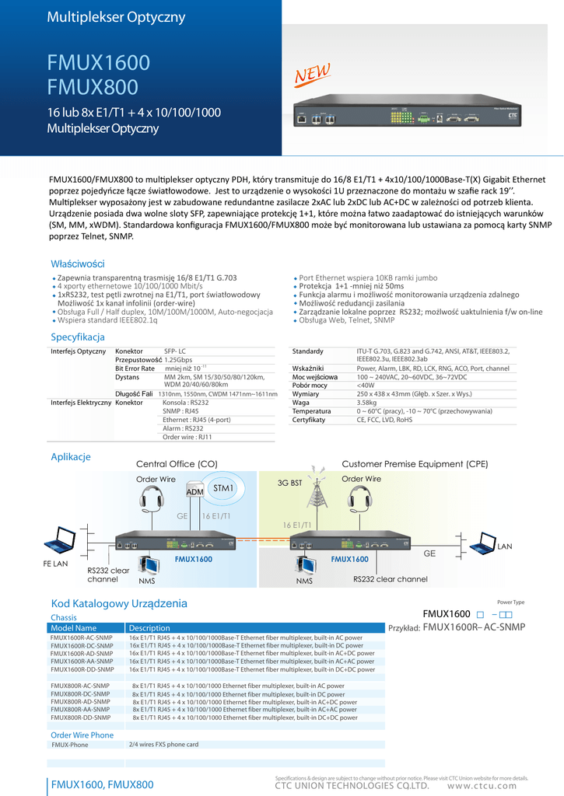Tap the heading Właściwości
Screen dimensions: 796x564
click(77, 264)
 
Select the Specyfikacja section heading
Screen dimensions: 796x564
click(78, 337)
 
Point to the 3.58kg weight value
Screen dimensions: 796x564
click(368, 403)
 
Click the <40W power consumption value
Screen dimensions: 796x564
click(365, 385)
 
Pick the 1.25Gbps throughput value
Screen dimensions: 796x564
click(178, 360)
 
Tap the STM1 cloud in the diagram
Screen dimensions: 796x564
click(224, 488)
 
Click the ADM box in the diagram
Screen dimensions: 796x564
click(195, 492)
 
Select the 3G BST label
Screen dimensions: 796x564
click(289, 483)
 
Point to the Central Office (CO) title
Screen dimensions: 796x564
click(177, 464)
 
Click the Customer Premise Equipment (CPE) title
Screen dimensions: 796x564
click(415, 464)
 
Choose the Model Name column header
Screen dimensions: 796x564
click(74, 628)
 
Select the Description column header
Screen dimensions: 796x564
click(149, 628)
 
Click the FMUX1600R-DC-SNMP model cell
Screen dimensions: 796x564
click(82, 645)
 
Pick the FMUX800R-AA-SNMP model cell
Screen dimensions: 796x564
click(81, 710)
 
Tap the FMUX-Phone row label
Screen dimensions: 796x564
click(70, 745)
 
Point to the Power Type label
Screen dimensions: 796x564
click(510, 602)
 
